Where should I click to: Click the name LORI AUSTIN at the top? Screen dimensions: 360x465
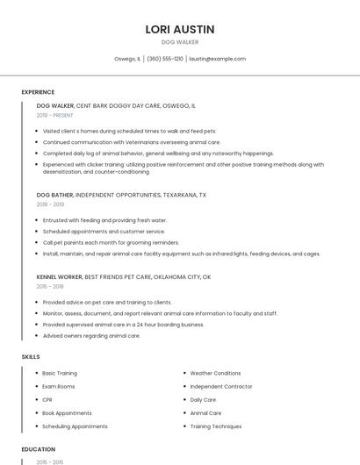click(180, 29)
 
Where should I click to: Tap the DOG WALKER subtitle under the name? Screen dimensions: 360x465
click(180, 42)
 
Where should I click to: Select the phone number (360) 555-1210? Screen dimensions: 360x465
click(165, 59)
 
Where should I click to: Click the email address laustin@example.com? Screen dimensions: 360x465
click(217, 59)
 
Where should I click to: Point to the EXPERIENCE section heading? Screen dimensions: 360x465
click(38, 92)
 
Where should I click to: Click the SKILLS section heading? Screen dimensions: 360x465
click(31, 357)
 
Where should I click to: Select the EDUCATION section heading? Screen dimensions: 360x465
click(38, 449)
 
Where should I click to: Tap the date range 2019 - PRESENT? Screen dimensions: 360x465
click(55, 115)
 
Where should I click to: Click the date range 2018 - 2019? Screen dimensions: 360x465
click(50, 204)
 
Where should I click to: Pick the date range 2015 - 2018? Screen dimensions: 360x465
click(50, 286)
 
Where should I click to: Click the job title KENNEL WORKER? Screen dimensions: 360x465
click(60, 277)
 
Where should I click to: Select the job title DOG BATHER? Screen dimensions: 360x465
click(55, 195)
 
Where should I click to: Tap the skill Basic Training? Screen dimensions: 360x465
click(60, 373)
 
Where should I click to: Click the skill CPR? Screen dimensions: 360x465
click(47, 400)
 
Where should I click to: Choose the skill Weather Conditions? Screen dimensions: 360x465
click(215, 373)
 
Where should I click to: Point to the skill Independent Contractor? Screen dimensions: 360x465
click(220, 387)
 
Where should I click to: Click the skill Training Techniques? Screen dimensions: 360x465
click(216, 426)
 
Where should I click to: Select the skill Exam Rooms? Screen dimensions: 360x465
click(59, 387)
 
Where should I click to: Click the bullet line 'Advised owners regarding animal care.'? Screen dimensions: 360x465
click(91, 335)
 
